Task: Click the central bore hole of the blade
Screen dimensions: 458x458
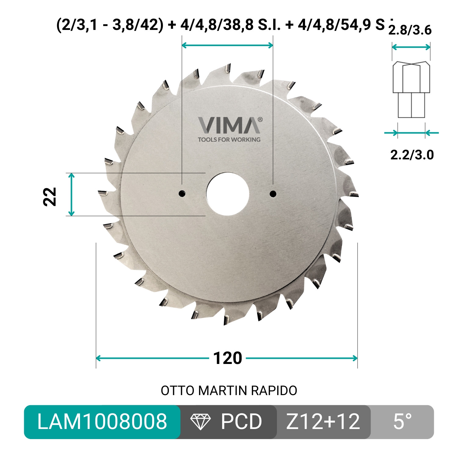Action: click(x=227, y=194)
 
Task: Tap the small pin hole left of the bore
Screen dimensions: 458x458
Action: click(x=182, y=193)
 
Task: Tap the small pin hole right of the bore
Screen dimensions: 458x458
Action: click(x=273, y=194)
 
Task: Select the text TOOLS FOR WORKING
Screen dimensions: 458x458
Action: click(x=229, y=140)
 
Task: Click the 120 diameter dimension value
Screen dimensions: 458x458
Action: click(x=227, y=358)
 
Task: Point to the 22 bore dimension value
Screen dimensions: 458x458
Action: click(x=50, y=197)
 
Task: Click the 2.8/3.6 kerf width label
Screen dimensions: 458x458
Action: click(x=410, y=30)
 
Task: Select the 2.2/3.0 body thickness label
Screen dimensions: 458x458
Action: click(x=412, y=155)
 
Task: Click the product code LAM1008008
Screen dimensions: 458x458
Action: click(x=102, y=422)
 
